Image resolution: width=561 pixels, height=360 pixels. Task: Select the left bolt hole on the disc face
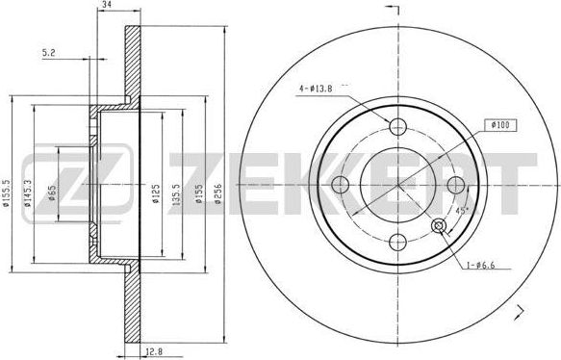click(x=339, y=184)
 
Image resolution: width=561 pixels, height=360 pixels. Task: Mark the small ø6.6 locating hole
click(x=441, y=225)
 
